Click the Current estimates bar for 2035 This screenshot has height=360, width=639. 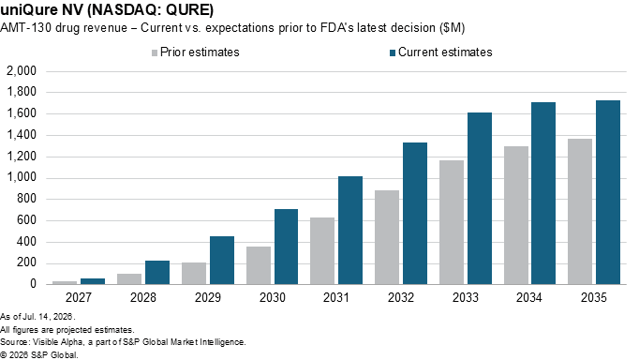tap(608, 192)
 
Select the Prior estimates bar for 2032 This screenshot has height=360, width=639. tap(387, 237)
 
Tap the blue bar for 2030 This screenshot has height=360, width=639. tap(286, 247)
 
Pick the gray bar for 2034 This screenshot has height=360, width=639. tap(516, 216)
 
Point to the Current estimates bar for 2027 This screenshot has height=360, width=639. tap(93, 281)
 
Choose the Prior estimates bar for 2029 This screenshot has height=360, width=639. tap(194, 273)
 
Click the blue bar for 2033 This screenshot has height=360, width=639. tap(480, 198)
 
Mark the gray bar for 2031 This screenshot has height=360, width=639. tap(322, 250)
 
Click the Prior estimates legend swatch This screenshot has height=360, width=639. tap(155, 53)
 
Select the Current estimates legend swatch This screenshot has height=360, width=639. tap(393, 53)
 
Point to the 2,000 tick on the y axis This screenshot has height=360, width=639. tap(22, 71)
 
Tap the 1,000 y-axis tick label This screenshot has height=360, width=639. tap(22, 178)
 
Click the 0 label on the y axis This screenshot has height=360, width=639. tap(33, 284)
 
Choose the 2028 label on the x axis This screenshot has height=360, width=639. tap(143, 297)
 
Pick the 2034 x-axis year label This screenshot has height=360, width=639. tap(529, 297)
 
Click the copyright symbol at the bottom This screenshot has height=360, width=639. tap(3, 355)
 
